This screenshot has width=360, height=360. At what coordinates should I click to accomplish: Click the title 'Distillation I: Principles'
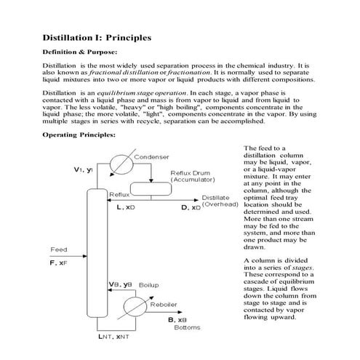click(x=97, y=36)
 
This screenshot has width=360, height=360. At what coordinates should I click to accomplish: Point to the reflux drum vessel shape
click(x=169, y=188)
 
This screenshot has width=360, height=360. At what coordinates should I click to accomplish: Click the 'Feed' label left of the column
click(x=58, y=250)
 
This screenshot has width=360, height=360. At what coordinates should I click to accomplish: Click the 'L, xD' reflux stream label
click(x=125, y=207)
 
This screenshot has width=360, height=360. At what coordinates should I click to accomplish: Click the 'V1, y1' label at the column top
click(x=84, y=169)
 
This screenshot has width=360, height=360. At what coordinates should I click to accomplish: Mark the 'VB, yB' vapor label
click(x=121, y=283)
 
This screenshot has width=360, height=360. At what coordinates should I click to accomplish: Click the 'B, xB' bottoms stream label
click(x=177, y=319)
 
